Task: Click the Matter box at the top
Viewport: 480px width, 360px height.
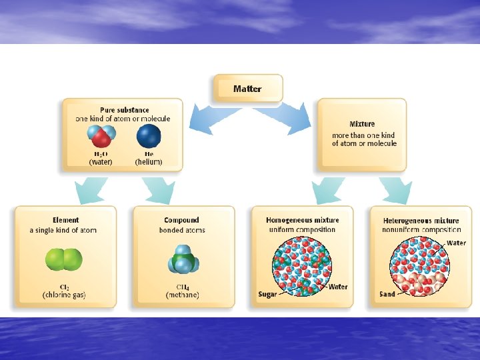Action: click(x=248, y=89)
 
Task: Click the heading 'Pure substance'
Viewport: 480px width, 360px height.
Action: click(x=125, y=110)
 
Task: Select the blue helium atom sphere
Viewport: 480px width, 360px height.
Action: click(x=149, y=137)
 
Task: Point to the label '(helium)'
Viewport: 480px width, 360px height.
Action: click(x=149, y=162)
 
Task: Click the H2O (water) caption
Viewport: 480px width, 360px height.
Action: click(x=101, y=158)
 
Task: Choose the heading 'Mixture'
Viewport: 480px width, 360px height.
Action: click(x=362, y=124)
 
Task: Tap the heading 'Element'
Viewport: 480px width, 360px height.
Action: click(x=65, y=220)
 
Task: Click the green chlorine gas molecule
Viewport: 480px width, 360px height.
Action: click(x=64, y=259)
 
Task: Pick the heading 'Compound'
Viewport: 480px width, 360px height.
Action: click(x=181, y=220)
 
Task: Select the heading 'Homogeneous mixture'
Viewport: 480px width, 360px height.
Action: click(x=302, y=220)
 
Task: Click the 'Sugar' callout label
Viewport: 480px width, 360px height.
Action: click(x=267, y=294)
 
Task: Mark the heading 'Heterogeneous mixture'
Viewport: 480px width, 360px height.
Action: click(x=421, y=221)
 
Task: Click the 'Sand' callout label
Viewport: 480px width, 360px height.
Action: click(x=387, y=294)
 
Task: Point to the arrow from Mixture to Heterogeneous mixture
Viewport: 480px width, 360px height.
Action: click(x=395, y=190)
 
